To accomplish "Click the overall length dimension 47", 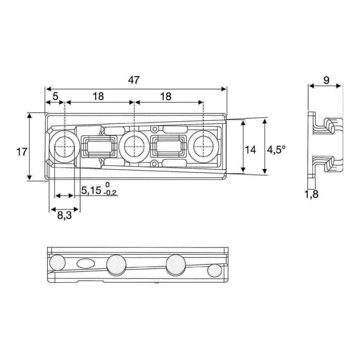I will coord(134,80).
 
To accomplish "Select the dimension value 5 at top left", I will coord(55,96).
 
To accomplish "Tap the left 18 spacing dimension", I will coord(98,96).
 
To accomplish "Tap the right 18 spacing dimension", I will coord(166,96).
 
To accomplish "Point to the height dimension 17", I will coord(21,152).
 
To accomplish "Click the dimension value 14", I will coord(251,150).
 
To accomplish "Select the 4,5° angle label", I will coord(276,150).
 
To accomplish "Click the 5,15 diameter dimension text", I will coord(90,190).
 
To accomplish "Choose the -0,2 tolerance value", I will coord(110,193).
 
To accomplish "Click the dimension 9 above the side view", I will coord(326,80).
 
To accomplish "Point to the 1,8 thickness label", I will coord(312,194).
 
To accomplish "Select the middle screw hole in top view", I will coord(133,146).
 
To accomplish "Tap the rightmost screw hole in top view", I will coord(203,146).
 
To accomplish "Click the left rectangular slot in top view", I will coord(98,148).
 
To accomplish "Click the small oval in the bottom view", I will coord(85,263).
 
